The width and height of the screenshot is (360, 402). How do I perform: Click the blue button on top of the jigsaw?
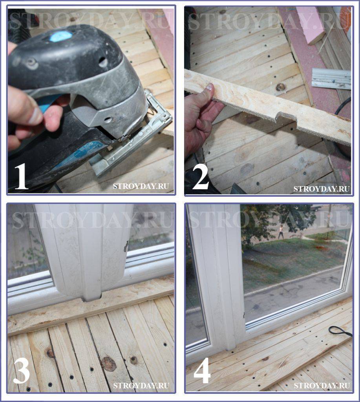point(60,36)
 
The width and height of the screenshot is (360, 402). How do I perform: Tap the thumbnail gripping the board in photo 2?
point(210,88)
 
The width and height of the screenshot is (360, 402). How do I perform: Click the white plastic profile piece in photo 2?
point(331,79)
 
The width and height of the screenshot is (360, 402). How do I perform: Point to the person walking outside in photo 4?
point(281,231)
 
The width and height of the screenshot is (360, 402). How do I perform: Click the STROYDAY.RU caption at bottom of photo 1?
point(141,186)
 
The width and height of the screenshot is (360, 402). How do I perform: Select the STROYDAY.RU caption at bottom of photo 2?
point(322,189)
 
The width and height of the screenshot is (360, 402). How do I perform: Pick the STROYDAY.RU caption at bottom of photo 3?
point(141,386)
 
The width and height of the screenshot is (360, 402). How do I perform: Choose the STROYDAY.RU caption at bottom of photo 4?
point(322,386)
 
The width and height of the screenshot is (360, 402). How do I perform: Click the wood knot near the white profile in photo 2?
point(281,87)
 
